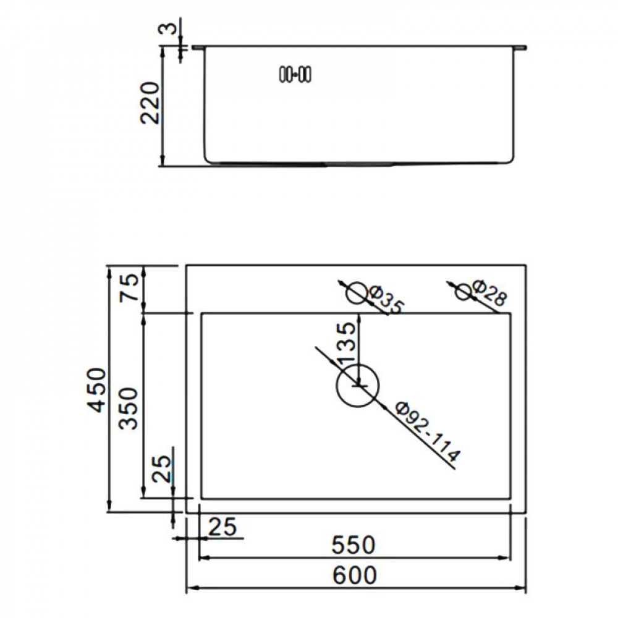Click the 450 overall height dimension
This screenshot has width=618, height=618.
(98, 389)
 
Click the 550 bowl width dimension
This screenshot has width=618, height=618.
(353, 544)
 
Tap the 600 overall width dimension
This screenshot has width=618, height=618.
(353, 575)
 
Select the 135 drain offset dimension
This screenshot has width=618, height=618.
(347, 342)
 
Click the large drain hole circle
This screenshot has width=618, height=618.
(357, 386)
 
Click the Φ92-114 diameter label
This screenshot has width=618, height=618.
(427, 432)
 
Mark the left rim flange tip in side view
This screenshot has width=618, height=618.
(197, 47)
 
